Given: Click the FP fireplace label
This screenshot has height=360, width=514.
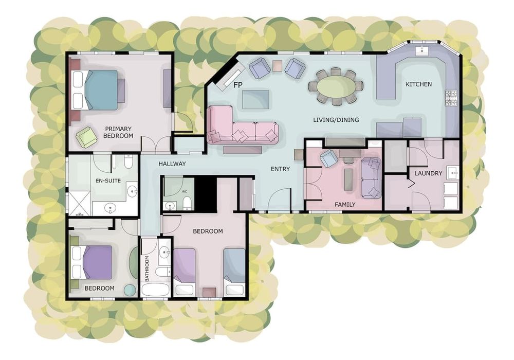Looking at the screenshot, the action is (x=238, y=85).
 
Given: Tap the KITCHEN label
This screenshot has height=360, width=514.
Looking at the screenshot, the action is (x=418, y=84).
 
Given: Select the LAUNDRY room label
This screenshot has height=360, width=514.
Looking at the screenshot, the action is (x=429, y=173).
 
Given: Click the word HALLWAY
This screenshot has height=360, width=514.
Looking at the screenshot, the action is (x=172, y=164).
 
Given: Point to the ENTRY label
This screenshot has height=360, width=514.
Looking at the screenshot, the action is (x=280, y=169).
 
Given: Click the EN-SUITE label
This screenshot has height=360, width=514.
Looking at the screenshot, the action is (x=108, y=181).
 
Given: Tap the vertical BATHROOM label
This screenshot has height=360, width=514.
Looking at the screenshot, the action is (x=147, y=268).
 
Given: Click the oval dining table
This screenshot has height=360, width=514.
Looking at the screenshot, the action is (x=336, y=86).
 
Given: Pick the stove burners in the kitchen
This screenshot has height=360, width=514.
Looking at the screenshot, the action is (x=451, y=98).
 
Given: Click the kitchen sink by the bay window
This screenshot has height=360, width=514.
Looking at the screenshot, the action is (x=420, y=51).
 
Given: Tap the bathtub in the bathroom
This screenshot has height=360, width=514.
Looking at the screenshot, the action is (x=156, y=290).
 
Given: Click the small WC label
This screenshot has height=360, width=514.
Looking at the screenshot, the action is (x=184, y=191).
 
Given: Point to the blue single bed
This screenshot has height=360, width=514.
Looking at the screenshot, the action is (x=234, y=272).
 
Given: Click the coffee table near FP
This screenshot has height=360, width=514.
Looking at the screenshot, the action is (x=256, y=99).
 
